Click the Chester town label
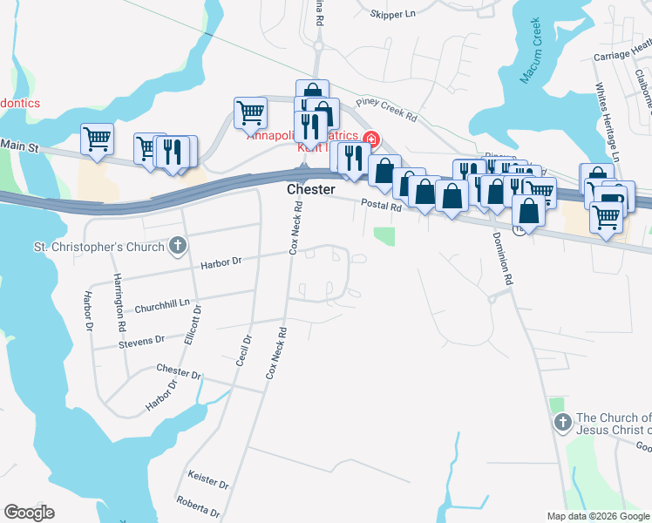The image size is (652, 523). (310, 189)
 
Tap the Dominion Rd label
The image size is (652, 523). (501, 259)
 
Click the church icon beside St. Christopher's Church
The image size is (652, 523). (178, 247)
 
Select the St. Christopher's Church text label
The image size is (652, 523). (98, 247)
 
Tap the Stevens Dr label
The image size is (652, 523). (141, 343)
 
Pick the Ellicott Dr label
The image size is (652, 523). (193, 325)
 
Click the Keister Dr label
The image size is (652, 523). (208, 479)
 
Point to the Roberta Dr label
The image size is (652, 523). (197, 506)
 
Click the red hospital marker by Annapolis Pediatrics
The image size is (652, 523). (371, 139)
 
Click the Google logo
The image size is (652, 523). (29, 513)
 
